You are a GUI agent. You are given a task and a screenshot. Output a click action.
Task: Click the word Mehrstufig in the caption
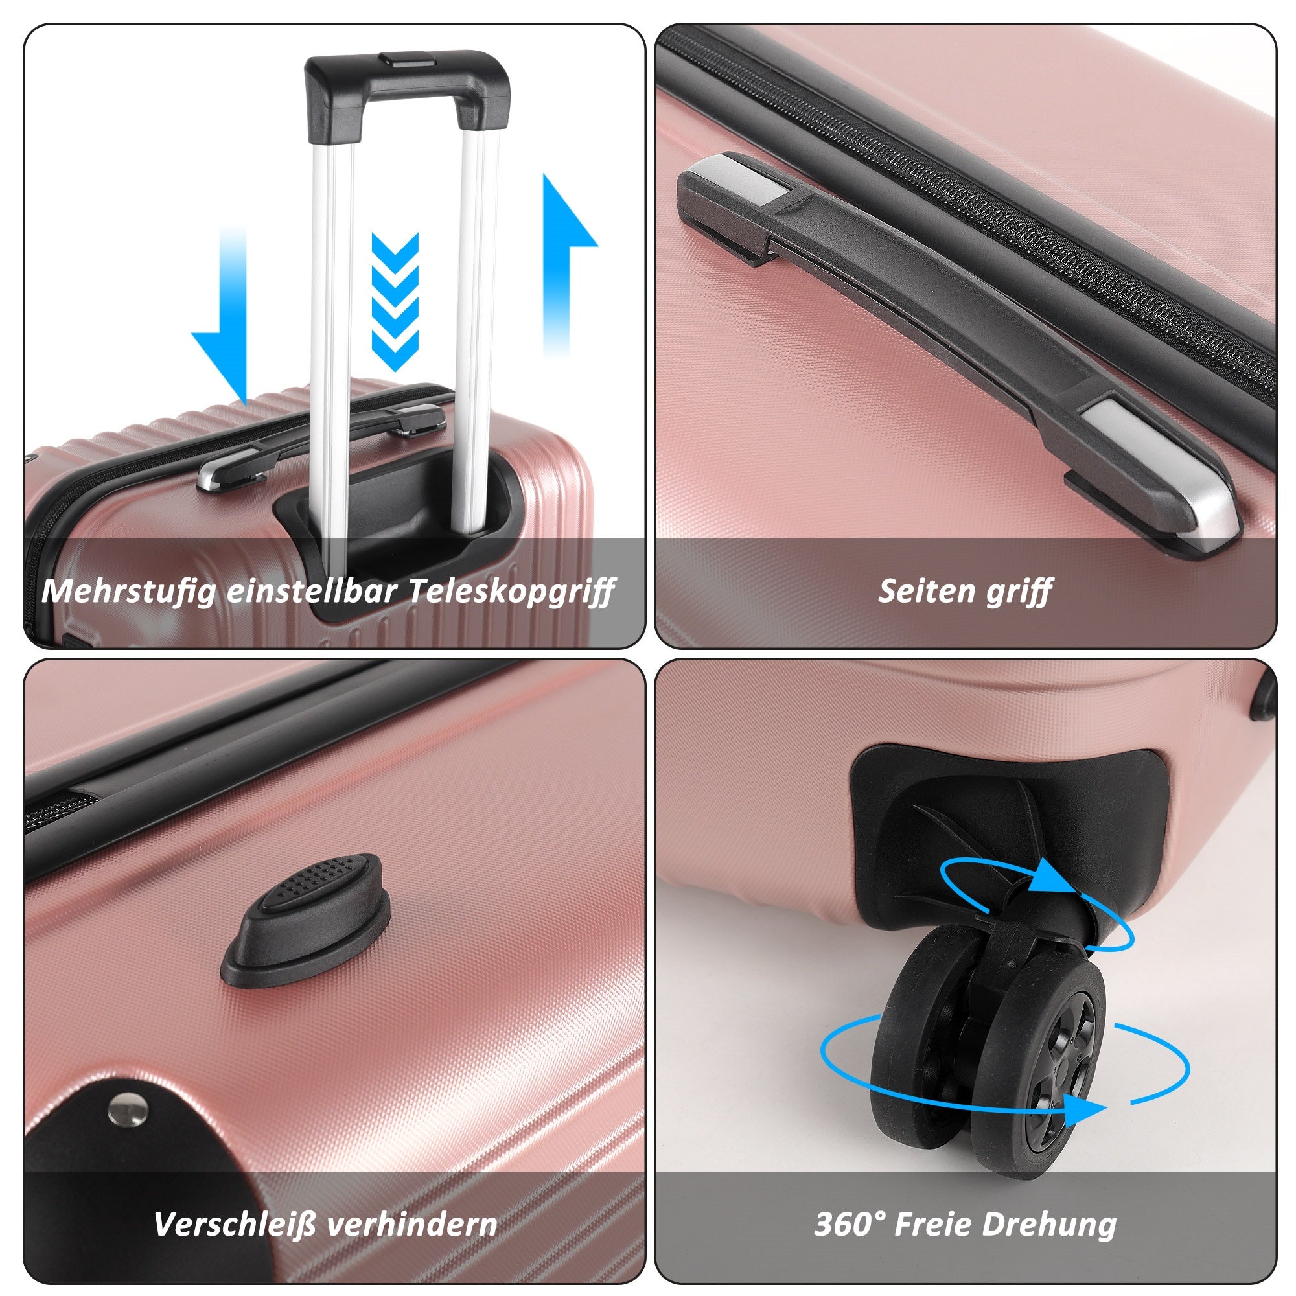coord(130,592)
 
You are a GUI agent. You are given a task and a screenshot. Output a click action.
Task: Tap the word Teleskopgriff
coord(511,592)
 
